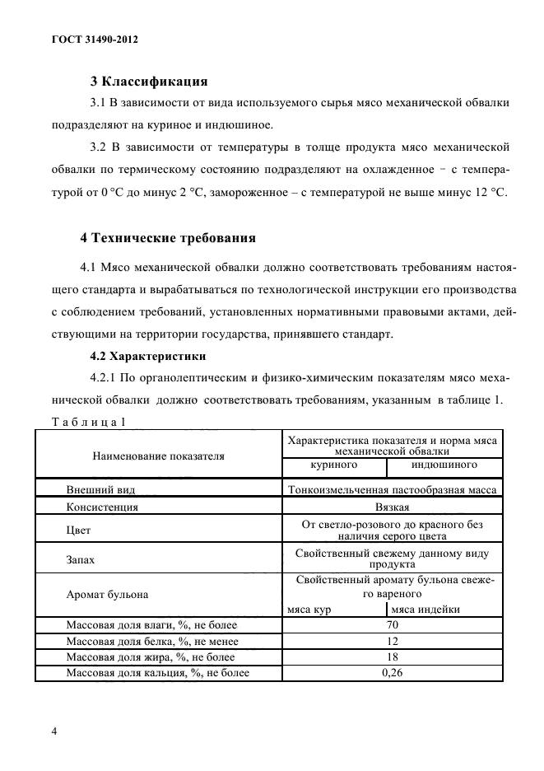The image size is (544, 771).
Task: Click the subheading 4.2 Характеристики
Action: click(x=146, y=357)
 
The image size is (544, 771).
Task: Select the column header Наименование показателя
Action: click(x=158, y=455)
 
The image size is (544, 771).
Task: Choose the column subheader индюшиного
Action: click(x=444, y=465)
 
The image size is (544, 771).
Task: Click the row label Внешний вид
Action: click(x=100, y=488)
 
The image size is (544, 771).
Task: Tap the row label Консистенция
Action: click(x=102, y=507)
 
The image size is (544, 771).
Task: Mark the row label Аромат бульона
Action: click(x=109, y=593)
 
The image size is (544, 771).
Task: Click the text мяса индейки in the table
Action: click(x=425, y=609)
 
